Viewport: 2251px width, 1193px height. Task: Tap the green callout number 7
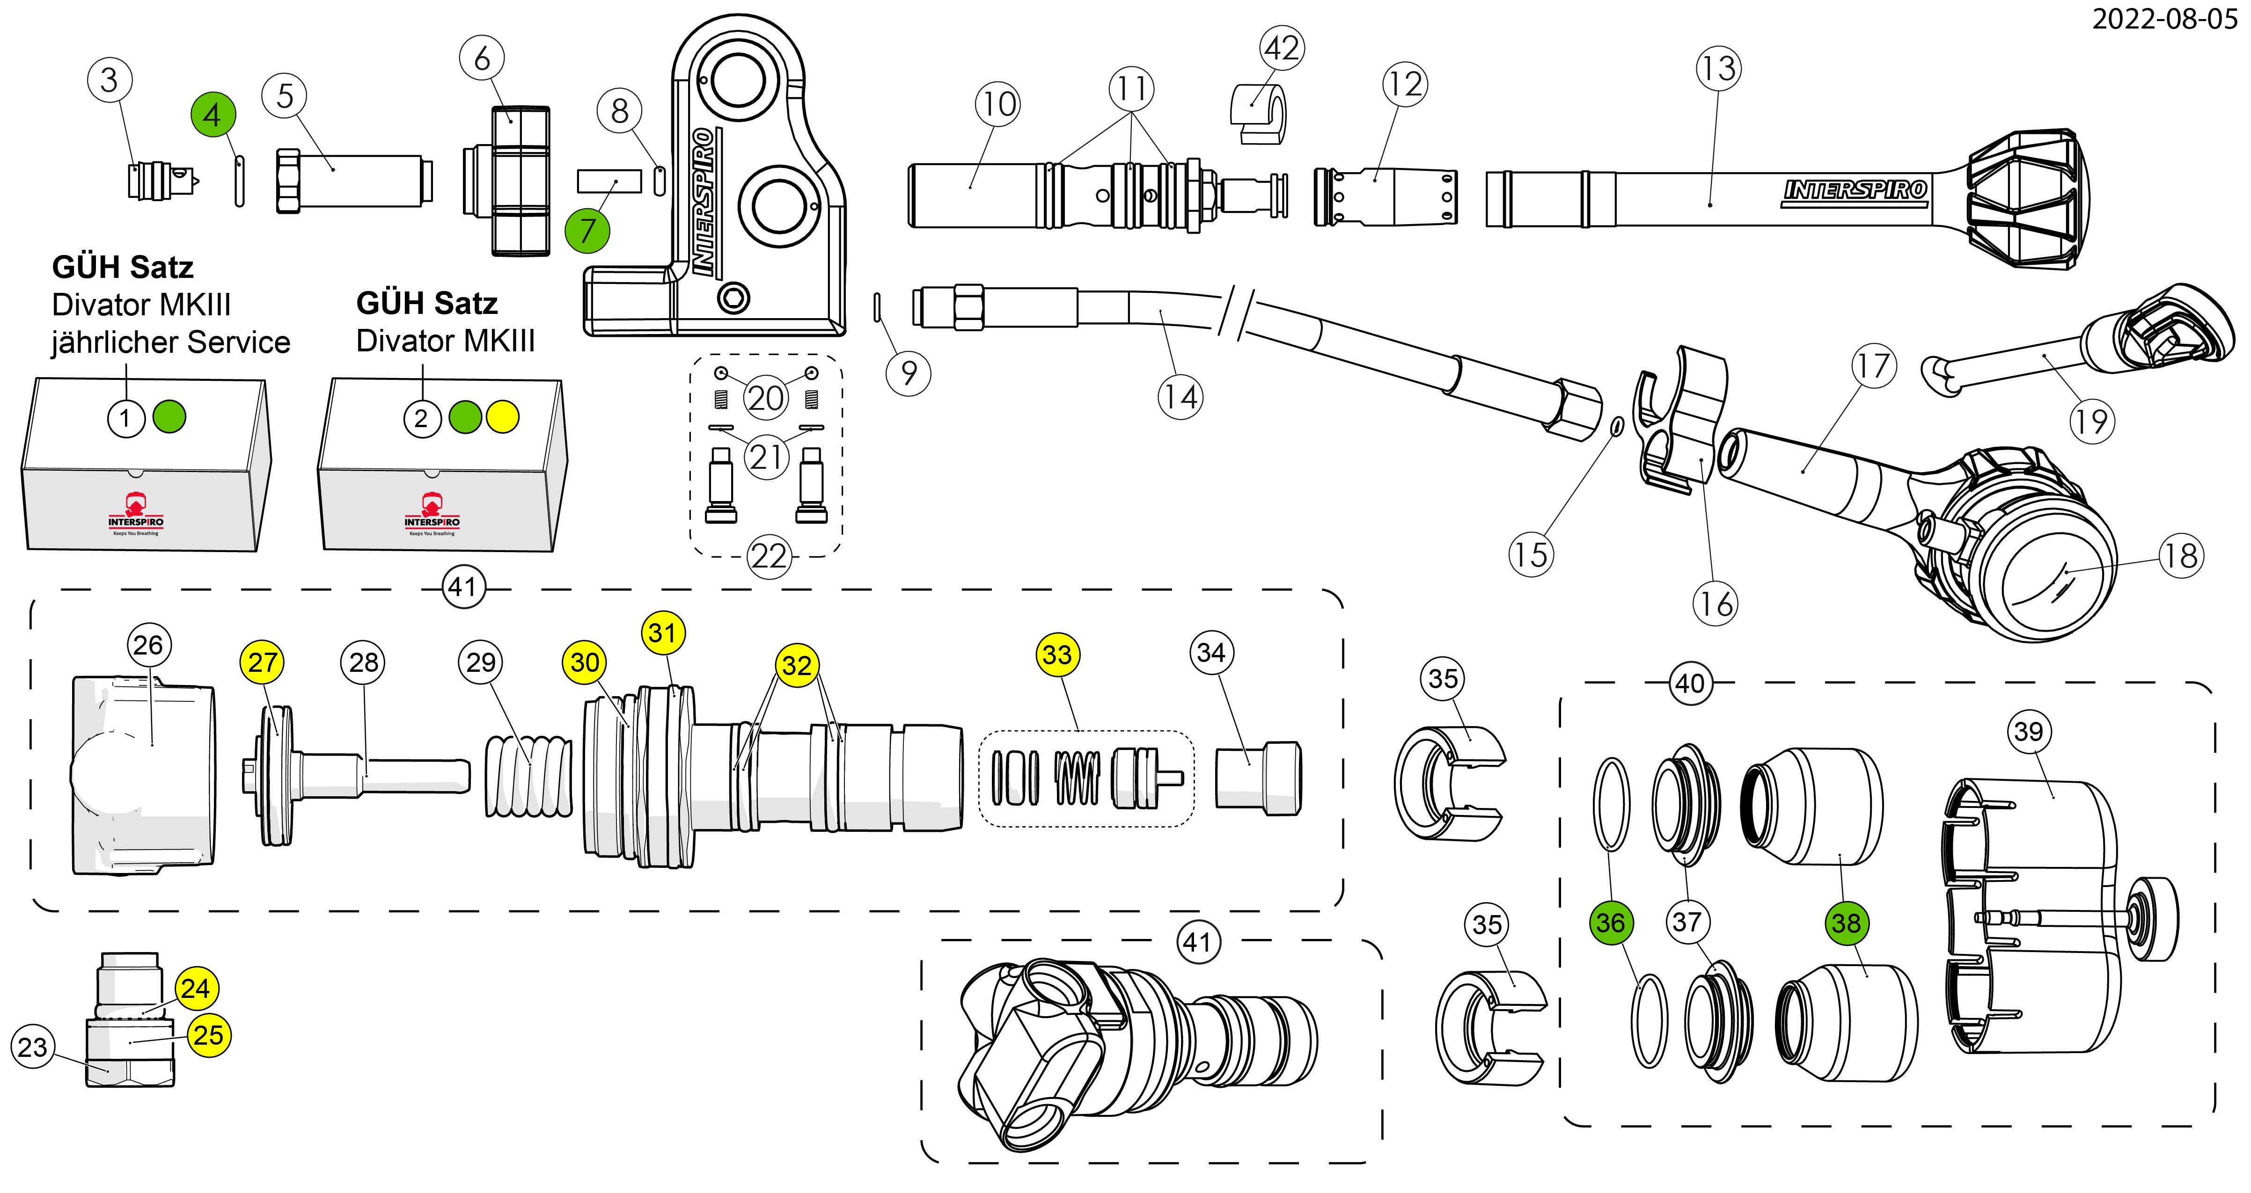pyautogui.click(x=587, y=231)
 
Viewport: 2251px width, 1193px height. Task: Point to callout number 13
pyautogui.click(x=1718, y=69)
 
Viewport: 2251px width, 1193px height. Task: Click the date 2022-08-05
pyautogui.click(x=2163, y=19)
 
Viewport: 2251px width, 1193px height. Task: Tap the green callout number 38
pyautogui.click(x=1846, y=923)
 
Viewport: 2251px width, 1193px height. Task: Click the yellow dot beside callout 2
pyautogui.click(x=502, y=417)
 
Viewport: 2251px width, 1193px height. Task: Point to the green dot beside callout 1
pyautogui.click(x=169, y=417)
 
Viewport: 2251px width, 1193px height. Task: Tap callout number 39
pyautogui.click(x=2028, y=731)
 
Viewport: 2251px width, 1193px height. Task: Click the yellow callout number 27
pyautogui.click(x=262, y=663)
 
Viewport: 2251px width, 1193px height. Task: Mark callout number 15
pyautogui.click(x=1530, y=554)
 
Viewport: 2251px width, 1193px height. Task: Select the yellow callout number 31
pyautogui.click(x=663, y=633)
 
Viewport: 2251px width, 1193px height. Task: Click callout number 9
pyautogui.click(x=909, y=373)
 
